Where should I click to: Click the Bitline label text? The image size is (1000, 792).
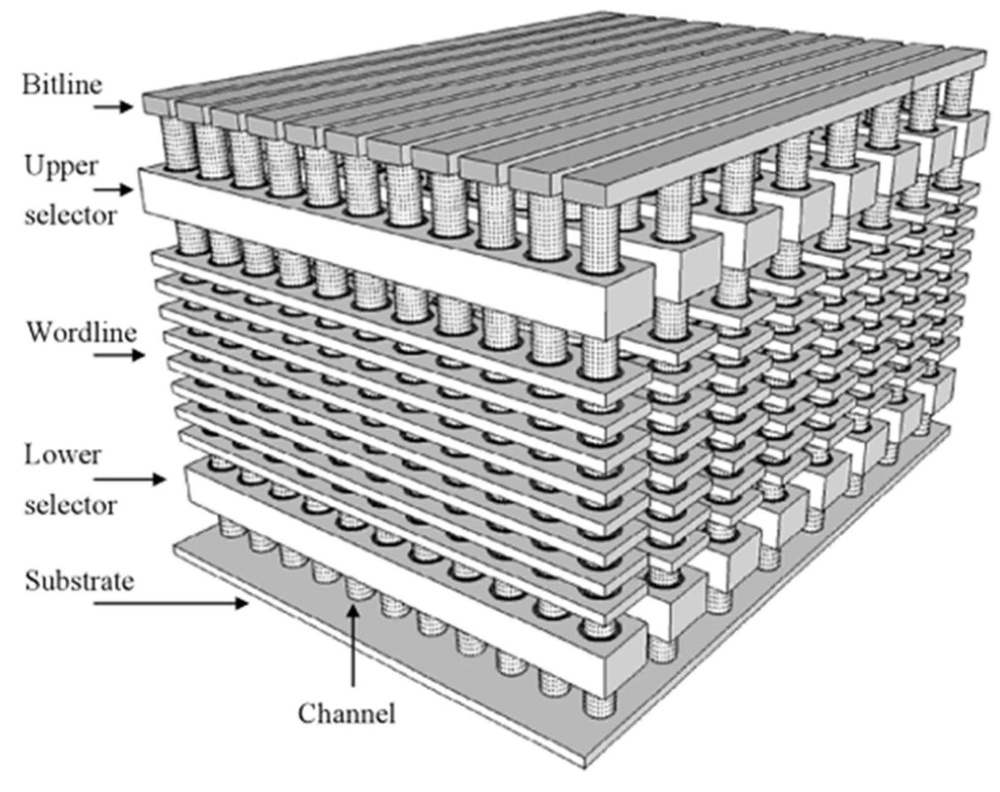coord(62,84)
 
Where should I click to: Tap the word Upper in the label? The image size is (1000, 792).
coord(61,166)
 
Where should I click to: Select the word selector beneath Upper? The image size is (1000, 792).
coord(70,216)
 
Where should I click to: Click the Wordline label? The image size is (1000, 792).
coord(81,333)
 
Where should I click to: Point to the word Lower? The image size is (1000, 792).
coord(62,455)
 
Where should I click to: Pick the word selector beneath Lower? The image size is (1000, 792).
coord(70,505)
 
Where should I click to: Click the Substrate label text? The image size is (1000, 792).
coord(79,581)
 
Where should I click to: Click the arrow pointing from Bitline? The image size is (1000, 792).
coord(113,107)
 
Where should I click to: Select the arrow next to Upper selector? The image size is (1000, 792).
coord(113,190)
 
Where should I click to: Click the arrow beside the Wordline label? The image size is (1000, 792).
coord(119,355)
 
